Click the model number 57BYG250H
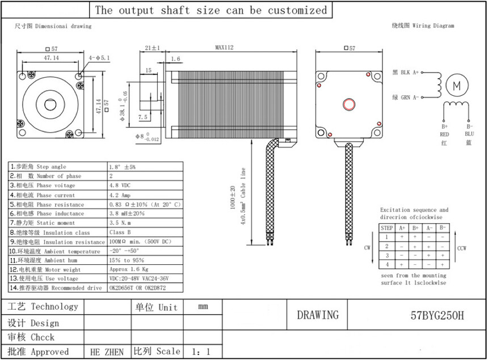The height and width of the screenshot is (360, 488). tap(437, 316)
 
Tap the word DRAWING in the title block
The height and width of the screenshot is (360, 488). tap(318, 315)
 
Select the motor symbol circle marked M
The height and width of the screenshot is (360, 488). tap(457, 85)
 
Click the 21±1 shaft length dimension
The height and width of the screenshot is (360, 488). tap(153, 48)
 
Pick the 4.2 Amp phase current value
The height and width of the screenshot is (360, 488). tap(120, 195)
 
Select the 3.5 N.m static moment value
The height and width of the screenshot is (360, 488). tap(121, 223)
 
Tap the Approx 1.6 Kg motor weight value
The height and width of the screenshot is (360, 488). tap(129, 270)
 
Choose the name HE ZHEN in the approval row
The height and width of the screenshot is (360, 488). tap(107, 352)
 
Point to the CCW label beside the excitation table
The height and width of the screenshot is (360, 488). tap(461, 248)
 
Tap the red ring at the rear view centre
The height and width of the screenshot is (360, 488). tap(347, 104)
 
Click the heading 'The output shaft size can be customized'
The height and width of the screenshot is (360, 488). tap(211, 10)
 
